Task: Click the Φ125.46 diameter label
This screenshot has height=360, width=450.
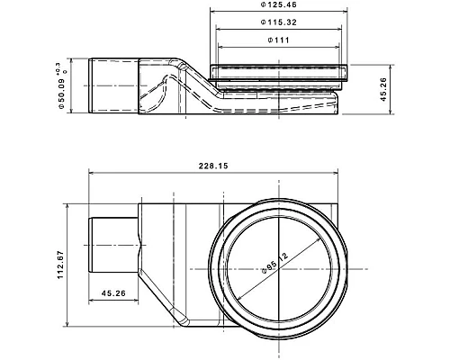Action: click(x=278, y=4)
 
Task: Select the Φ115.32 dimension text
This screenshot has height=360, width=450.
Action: click(x=279, y=22)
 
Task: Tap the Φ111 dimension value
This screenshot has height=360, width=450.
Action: click(x=279, y=40)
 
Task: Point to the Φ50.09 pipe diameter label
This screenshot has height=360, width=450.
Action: click(x=61, y=94)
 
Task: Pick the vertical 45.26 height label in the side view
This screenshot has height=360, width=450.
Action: click(x=383, y=89)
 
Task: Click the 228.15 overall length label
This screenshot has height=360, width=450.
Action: click(x=213, y=166)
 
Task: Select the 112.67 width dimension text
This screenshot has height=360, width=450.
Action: click(x=61, y=265)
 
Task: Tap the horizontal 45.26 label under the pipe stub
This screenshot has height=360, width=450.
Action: click(x=113, y=293)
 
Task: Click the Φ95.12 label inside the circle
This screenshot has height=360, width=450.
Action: click(x=274, y=263)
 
